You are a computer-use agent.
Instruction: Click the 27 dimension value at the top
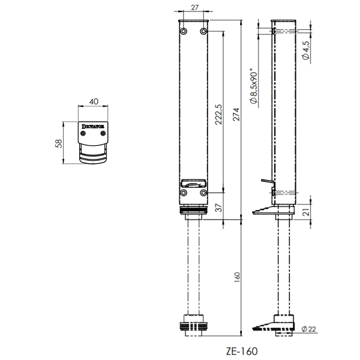(x=194, y=8)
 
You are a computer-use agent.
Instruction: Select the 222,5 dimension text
(x=218, y=115)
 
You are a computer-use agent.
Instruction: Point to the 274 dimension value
(x=236, y=115)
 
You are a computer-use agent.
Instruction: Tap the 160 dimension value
(x=238, y=277)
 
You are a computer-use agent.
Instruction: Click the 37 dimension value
(x=220, y=208)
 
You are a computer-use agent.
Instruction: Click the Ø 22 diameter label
(x=309, y=329)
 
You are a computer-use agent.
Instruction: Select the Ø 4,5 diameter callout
(x=306, y=50)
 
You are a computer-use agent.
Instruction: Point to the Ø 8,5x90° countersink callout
(x=254, y=86)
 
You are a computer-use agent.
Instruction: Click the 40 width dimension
(x=94, y=101)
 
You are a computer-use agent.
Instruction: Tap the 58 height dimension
(x=59, y=143)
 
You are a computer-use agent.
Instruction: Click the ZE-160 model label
(x=242, y=351)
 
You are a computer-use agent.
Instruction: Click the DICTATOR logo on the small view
(x=93, y=127)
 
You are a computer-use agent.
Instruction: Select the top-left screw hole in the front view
(x=183, y=31)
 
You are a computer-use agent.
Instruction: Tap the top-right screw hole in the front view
(x=203, y=31)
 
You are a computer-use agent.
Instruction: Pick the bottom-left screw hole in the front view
(x=183, y=193)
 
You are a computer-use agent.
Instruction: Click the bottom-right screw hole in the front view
(x=203, y=193)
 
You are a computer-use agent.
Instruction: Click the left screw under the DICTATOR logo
(x=83, y=133)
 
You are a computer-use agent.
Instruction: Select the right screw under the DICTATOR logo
(x=103, y=133)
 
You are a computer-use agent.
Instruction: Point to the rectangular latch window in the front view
(x=193, y=184)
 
